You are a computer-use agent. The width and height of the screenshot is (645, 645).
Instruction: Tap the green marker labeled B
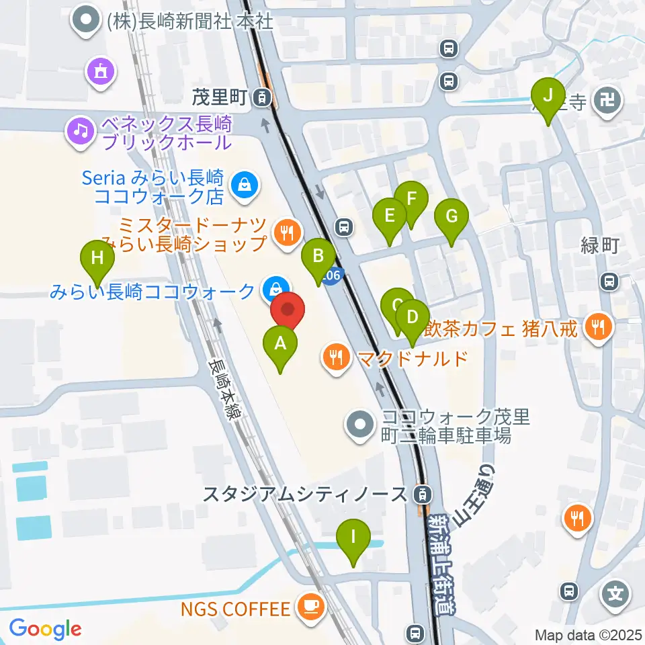(318, 256)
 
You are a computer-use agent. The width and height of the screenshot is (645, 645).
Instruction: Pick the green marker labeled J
(548, 95)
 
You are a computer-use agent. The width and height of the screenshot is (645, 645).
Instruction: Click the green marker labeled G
(451, 217)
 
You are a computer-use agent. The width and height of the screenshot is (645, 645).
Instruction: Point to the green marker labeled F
(411, 199)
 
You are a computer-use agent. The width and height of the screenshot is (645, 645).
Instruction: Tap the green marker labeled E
(390, 216)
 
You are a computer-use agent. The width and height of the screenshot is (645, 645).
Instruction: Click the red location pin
(288, 310)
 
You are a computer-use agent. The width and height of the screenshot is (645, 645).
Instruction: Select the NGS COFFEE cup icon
(310, 609)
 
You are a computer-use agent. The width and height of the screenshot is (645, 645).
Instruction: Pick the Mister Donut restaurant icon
(288, 232)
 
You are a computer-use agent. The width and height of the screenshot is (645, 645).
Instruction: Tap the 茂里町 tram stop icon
(262, 99)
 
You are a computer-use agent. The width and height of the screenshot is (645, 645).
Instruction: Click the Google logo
(45, 629)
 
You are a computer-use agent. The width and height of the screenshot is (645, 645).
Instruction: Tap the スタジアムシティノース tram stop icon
(421, 495)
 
